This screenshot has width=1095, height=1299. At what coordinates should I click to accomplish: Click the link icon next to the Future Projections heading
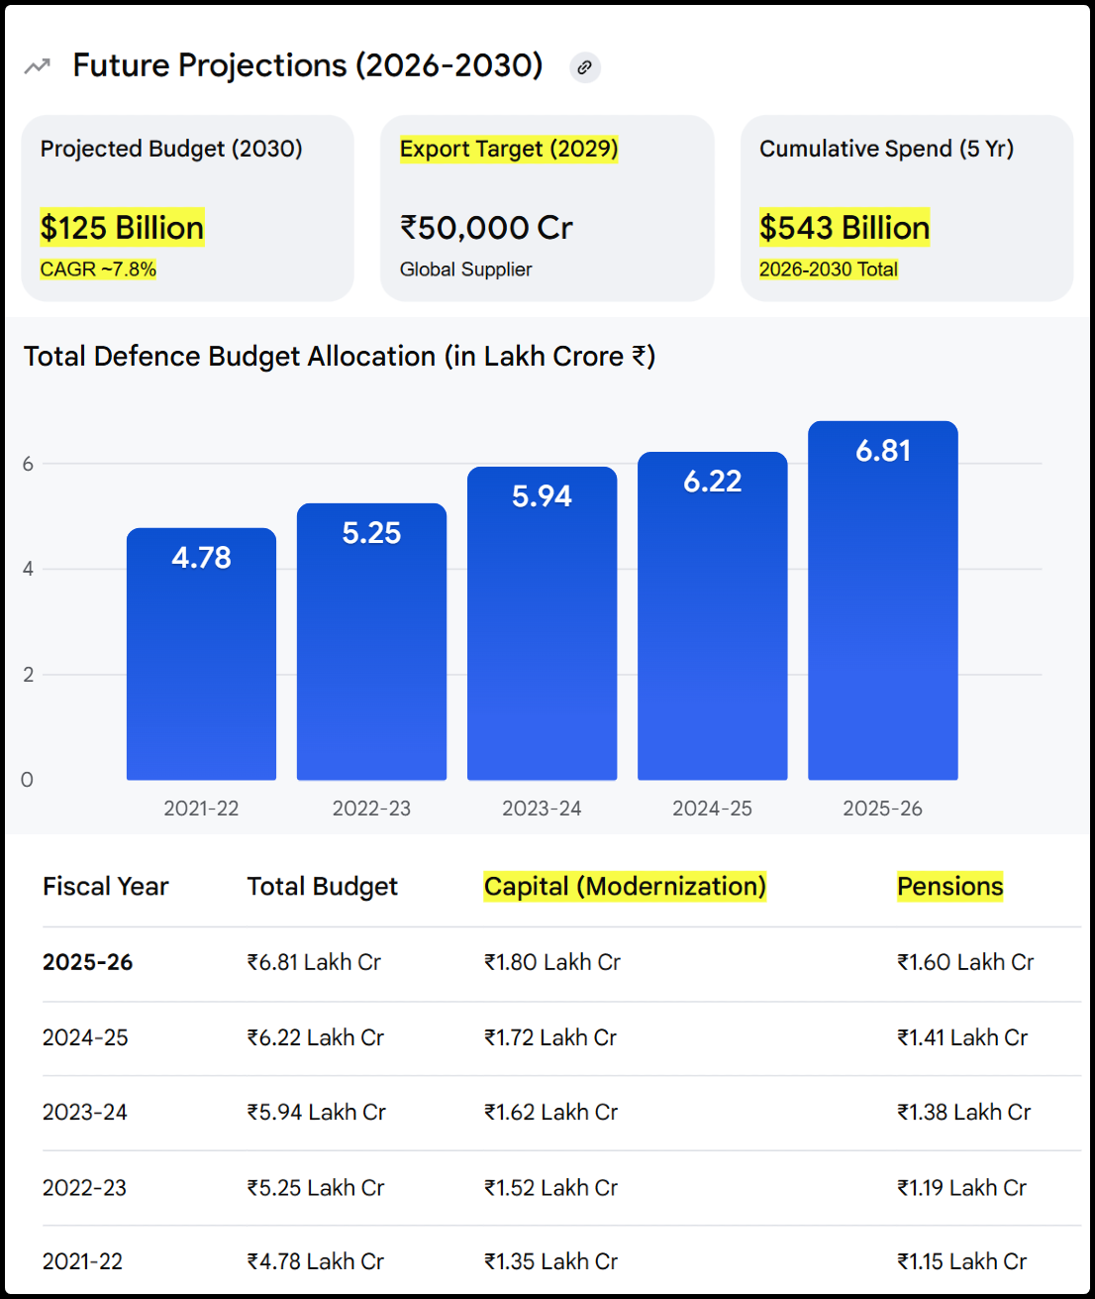tap(584, 67)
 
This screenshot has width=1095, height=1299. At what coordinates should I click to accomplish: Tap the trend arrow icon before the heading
tap(37, 66)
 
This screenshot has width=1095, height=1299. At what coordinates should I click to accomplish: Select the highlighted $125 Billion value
tap(122, 228)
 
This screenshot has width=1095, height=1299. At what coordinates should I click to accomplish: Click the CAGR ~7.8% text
tap(98, 270)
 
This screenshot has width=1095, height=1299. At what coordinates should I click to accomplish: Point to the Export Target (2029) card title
tap(509, 149)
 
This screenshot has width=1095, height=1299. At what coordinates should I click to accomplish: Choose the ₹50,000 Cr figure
tap(486, 228)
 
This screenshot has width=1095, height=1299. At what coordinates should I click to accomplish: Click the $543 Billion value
tap(845, 228)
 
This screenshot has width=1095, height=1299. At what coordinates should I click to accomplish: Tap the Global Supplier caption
tap(465, 270)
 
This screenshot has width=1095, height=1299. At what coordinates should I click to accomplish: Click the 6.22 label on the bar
tap(712, 482)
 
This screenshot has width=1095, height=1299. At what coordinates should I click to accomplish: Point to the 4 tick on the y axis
tap(28, 569)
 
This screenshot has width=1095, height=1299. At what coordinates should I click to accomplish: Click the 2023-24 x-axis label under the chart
tap(542, 809)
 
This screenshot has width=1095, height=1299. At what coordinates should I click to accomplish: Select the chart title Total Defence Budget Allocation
tap(339, 357)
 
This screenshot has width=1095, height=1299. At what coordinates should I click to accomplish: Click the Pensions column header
tap(949, 886)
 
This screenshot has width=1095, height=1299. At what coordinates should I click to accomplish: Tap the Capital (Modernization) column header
tap(625, 886)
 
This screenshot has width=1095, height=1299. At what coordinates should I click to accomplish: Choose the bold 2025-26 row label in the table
tap(87, 962)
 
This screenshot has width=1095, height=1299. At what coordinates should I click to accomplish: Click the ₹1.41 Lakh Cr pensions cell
tap(961, 1037)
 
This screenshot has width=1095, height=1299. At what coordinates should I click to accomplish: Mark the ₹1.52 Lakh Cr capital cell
tap(550, 1187)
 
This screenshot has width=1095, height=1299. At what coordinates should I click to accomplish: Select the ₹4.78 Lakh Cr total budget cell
tap(315, 1261)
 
